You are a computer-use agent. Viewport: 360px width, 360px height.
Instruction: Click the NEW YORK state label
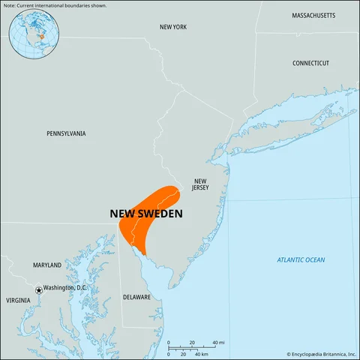pos(173,27)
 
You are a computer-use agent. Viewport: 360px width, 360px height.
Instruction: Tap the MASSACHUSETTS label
pos(314,15)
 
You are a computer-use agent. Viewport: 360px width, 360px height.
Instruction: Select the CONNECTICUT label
pos(310,63)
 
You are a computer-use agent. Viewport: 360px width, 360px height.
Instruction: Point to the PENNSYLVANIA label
pos(66,133)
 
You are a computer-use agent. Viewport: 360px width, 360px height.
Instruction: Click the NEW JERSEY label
pos(199,184)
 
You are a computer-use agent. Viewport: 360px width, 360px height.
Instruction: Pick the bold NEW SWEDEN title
pos(146,214)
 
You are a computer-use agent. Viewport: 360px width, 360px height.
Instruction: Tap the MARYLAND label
pos(47,265)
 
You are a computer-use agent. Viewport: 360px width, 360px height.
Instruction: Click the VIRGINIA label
pos(19,300)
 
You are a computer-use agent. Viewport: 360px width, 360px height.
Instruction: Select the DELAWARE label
pos(136,297)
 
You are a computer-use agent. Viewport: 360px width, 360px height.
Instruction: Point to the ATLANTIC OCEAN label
pos(301,259)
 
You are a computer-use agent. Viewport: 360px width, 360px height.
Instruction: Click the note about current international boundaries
pos(54,5)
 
